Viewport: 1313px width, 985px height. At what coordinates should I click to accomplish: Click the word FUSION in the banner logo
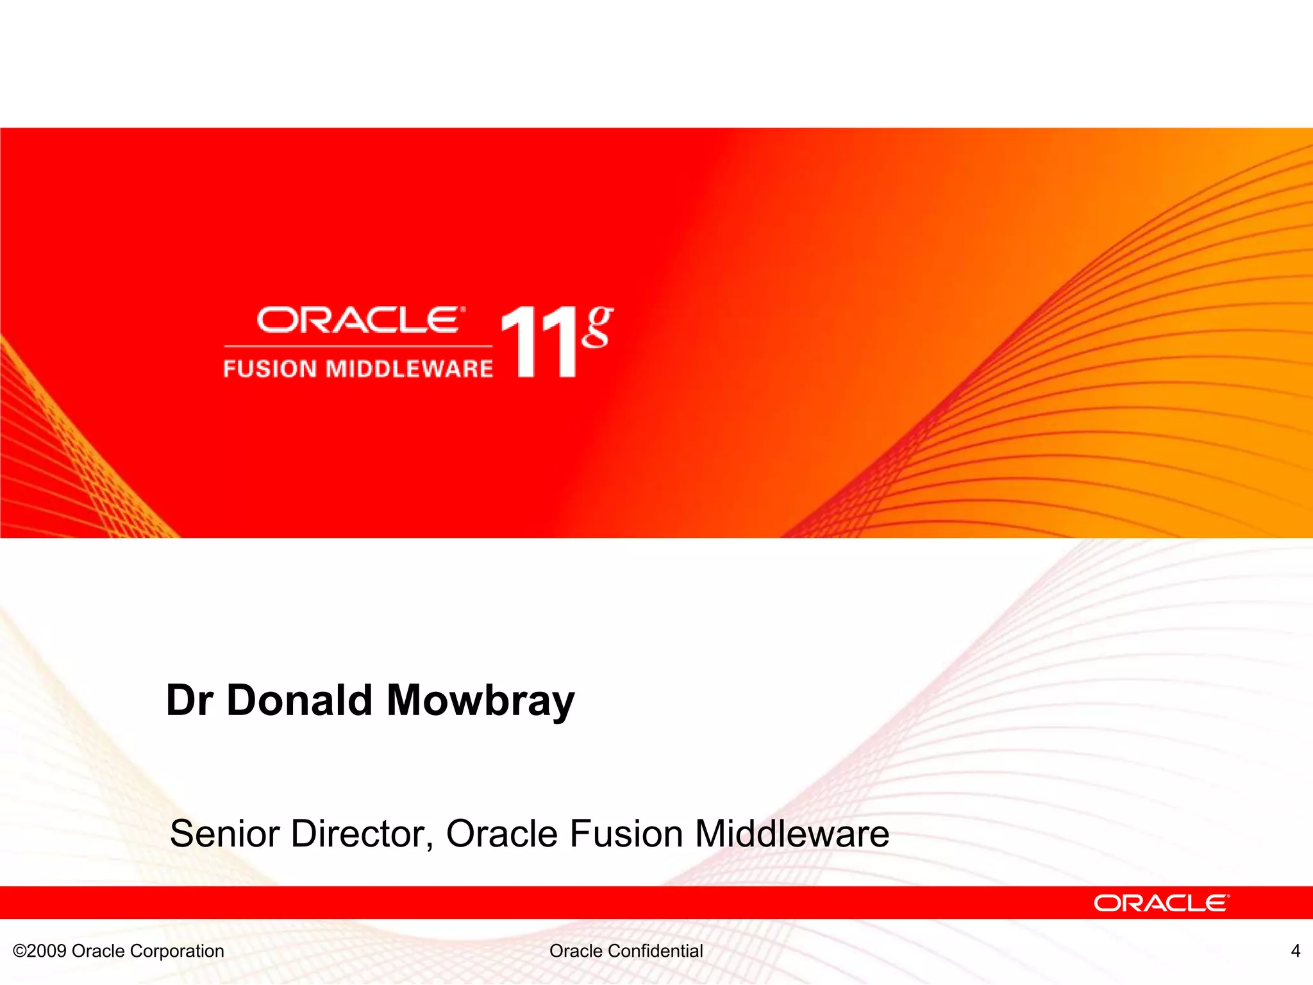point(270,369)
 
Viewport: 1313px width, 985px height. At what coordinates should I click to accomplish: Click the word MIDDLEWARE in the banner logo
point(410,369)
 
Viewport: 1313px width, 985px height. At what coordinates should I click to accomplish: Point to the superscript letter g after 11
point(598,327)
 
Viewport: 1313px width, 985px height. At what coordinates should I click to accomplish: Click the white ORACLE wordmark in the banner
point(359,320)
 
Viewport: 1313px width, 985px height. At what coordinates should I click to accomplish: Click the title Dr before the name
point(190,700)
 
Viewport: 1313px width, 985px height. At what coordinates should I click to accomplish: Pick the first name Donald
point(299,700)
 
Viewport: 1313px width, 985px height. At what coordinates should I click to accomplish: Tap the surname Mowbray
point(481,701)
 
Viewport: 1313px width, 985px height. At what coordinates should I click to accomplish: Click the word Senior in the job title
point(225,834)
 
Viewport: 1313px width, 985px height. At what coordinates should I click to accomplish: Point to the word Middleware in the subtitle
point(792,834)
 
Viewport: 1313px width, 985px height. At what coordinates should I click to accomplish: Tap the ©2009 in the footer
point(40,951)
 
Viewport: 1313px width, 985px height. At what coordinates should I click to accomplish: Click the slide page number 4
point(1295,951)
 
